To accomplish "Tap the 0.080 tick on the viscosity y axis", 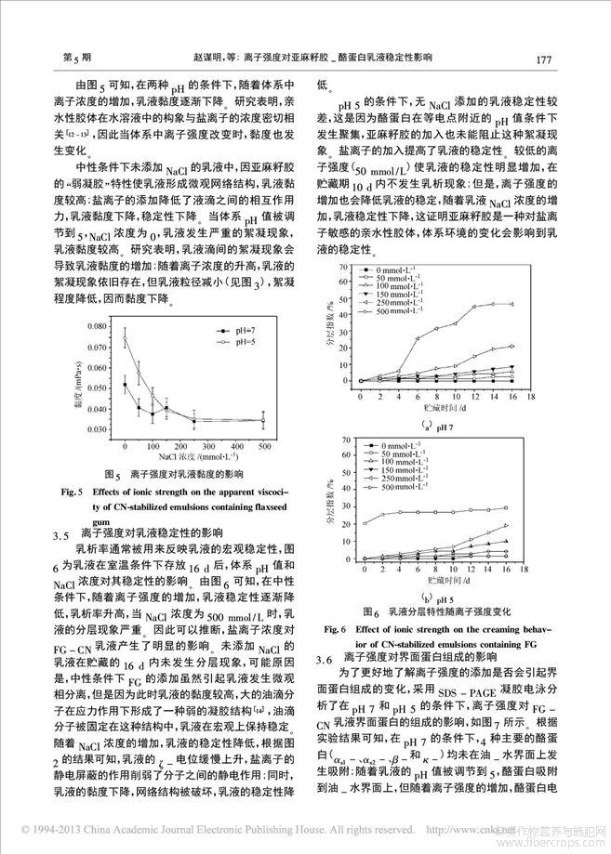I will pos(96,328).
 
